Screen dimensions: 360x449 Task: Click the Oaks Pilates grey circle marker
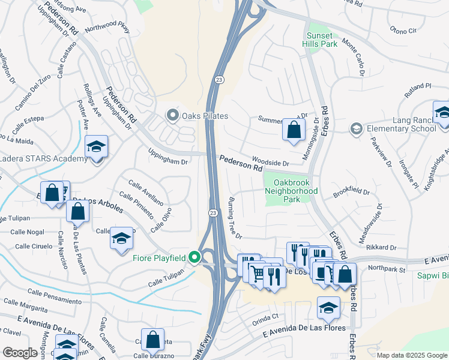(x=173, y=115)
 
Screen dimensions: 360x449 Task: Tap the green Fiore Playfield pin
(x=194, y=258)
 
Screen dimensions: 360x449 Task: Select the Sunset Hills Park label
(x=319, y=40)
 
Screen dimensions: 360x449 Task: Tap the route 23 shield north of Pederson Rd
(x=220, y=79)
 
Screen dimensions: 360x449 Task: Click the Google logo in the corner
(x=20, y=353)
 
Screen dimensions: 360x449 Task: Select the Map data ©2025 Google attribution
(x=412, y=355)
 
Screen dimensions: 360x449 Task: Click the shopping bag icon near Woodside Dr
(x=293, y=130)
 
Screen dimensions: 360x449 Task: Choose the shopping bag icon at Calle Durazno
(x=153, y=339)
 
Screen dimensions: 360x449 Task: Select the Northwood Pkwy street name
(x=107, y=28)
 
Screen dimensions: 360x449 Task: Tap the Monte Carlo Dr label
(x=354, y=57)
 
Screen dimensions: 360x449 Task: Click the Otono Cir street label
(x=403, y=29)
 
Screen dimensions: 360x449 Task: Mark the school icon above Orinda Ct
(x=327, y=307)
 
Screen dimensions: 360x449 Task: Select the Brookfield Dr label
(x=351, y=191)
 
